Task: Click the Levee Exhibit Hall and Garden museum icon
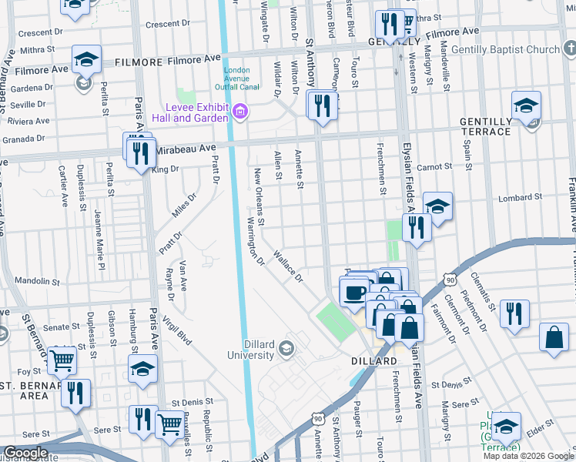click(x=239, y=113)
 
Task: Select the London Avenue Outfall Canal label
click(x=236, y=77)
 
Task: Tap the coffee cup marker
click(x=355, y=293)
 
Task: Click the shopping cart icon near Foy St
click(x=62, y=359)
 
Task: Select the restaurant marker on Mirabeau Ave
click(x=140, y=154)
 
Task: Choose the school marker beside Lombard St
click(x=437, y=206)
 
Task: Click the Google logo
click(x=25, y=453)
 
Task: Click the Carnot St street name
click(x=432, y=167)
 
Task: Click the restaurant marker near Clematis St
click(x=514, y=314)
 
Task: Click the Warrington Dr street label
click(x=254, y=243)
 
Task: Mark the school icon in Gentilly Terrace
click(x=527, y=106)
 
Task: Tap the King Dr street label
click(x=166, y=169)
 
